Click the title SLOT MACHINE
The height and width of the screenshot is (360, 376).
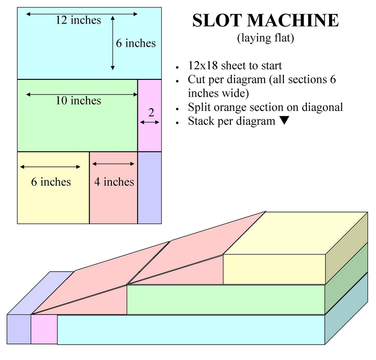[266, 22]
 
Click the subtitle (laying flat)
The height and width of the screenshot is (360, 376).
[266, 39]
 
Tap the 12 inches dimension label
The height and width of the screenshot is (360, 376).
[78, 20]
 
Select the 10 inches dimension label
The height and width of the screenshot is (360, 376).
[77, 101]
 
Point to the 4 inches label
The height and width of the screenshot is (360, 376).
[114, 181]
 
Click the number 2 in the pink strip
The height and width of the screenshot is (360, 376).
[151, 112]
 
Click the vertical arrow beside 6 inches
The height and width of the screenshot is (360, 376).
[112, 43]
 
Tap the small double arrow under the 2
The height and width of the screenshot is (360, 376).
[150, 122]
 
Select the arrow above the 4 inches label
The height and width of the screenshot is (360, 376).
[113, 164]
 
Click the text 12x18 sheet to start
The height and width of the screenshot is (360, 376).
[235, 66]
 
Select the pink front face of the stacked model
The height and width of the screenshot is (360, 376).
[44, 329]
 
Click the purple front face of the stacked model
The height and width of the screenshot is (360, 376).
[19, 329]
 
